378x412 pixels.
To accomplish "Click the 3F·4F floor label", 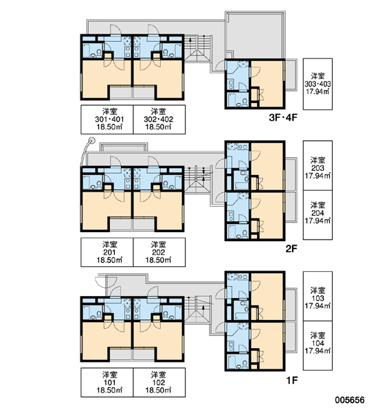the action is point(282,117).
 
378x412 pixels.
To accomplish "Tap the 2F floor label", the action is point(291,249).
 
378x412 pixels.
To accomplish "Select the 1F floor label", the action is point(291,380).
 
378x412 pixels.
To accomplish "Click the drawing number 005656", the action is point(350,400).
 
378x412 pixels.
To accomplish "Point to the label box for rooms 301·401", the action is point(107,119).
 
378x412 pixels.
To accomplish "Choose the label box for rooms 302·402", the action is point(159,119).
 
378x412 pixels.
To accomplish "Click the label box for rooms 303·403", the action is point(318,84).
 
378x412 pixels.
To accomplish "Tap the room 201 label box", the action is point(107,252).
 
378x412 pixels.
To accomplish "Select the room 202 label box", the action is point(159,252).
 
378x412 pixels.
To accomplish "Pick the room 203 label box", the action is point(318,165).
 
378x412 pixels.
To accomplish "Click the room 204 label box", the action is point(318,215).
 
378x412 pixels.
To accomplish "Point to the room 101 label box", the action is point(107,382).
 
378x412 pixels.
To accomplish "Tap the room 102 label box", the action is point(159,382).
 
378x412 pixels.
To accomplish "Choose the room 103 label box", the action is point(318,297).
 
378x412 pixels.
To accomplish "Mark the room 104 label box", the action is point(318,345).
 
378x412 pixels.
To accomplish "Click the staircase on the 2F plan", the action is point(197,180).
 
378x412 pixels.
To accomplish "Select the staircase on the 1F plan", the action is point(197,310).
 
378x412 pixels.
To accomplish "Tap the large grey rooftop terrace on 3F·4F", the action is point(255,36).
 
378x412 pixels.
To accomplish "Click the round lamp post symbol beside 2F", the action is point(91,140).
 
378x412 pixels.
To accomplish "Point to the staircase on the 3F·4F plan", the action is point(197,49).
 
